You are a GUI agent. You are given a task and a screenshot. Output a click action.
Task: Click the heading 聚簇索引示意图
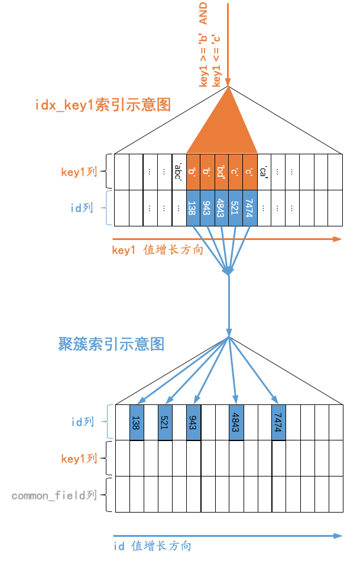[x=111, y=344]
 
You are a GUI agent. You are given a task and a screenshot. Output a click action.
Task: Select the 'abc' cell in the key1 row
[x=179, y=172]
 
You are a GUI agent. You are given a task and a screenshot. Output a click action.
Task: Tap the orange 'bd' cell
[x=222, y=172]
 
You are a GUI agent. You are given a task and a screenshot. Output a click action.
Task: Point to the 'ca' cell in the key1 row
[x=264, y=172]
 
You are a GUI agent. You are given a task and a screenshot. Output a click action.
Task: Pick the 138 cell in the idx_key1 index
[x=193, y=208]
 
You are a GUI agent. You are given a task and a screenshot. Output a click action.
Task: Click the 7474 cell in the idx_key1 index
[x=250, y=208]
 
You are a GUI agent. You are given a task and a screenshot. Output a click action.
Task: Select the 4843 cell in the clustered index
[x=236, y=423]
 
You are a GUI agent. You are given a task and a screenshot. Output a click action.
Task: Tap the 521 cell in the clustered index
[x=165, y=423]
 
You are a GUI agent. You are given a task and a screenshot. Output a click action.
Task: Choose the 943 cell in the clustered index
[x=193, y=423]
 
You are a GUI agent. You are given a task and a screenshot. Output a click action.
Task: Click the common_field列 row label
[x=54, y=495]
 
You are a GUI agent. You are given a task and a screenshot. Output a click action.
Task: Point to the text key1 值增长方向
[x=157, y=249]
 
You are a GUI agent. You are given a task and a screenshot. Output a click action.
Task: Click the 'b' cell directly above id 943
[x=207, y=172]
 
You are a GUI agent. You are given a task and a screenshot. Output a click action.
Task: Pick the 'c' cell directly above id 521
[x=236, y=172]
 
